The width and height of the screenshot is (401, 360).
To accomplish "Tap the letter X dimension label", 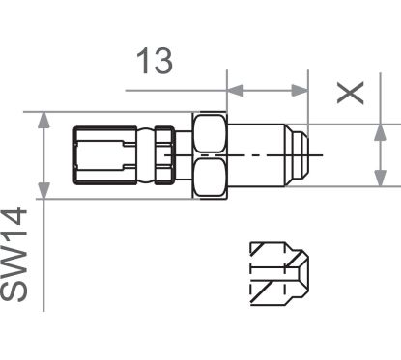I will (x=351, y=93).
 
